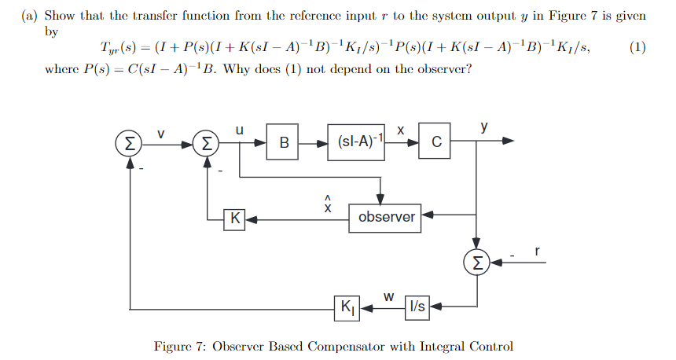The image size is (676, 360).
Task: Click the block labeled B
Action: click(x=283, y=143)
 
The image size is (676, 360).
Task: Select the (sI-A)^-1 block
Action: click(x=359, y=143)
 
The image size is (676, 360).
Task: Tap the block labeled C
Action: click(x=435, y=143)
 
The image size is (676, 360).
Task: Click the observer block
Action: click(x=386, y=216)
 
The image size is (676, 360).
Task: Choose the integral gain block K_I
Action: click(x=347, y=307)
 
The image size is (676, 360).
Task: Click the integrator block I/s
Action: click(x=417, y=307)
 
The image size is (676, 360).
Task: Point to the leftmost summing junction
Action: click(x=127, y=143)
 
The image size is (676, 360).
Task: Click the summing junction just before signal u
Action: click(x=206, y=143)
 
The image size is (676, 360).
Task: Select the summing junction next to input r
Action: click(x=476, y=261)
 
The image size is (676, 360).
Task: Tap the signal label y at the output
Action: click(x=484, y=127)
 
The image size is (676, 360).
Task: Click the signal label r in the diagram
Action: click(x=537, y=252)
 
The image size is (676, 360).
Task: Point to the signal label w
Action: click(x=388, y=296)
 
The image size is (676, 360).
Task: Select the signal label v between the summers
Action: click(x=163, y=134)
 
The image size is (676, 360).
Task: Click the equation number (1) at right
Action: click(x=637, y=47)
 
